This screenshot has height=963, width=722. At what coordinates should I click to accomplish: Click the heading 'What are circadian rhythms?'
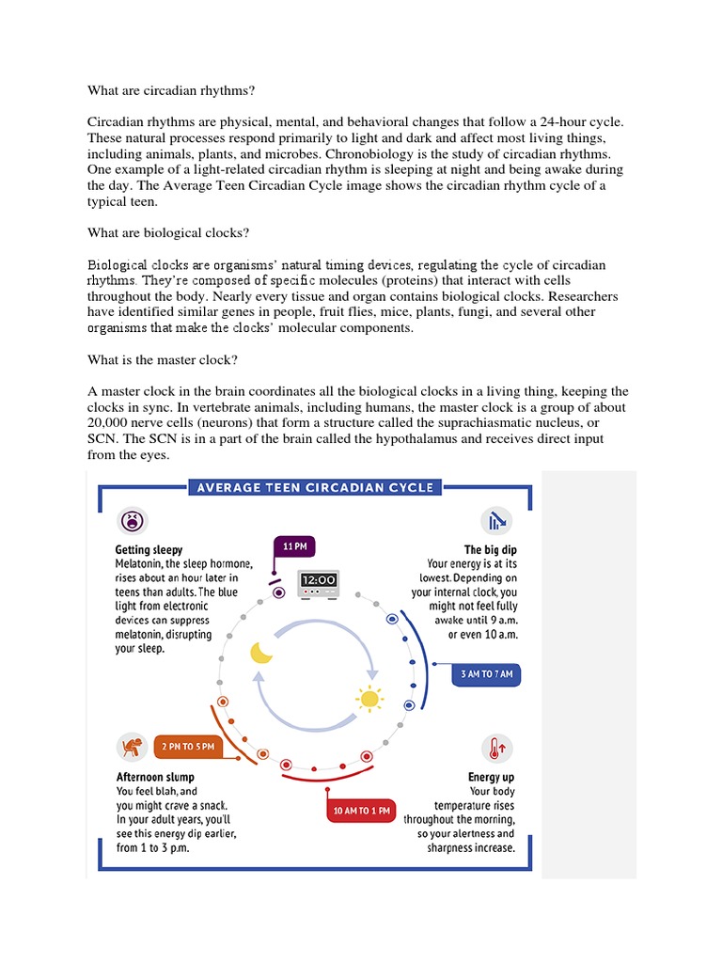tap(171, 90)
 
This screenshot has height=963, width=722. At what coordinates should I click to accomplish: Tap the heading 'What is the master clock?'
tap(161, 358)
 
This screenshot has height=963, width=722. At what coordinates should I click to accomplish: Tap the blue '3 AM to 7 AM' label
tap(487, 675)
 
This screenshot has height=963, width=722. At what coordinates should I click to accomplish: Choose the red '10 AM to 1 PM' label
tap(363, 810)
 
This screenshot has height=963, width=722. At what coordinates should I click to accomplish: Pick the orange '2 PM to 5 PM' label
tap(188, 747)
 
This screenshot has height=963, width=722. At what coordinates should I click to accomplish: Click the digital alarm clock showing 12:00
tap(318, 586)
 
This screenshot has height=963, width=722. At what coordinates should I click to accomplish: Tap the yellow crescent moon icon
tap(260, 653)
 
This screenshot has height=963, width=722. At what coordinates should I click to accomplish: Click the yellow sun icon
tap(369, 699)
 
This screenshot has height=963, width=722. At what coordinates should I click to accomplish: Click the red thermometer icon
tap(495, 749)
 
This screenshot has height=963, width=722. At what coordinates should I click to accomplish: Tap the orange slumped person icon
tap(131, 747)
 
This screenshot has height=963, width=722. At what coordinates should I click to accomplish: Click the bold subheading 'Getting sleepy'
tap(149, 549)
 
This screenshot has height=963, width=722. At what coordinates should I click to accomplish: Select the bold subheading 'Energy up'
tap(491, 778)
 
